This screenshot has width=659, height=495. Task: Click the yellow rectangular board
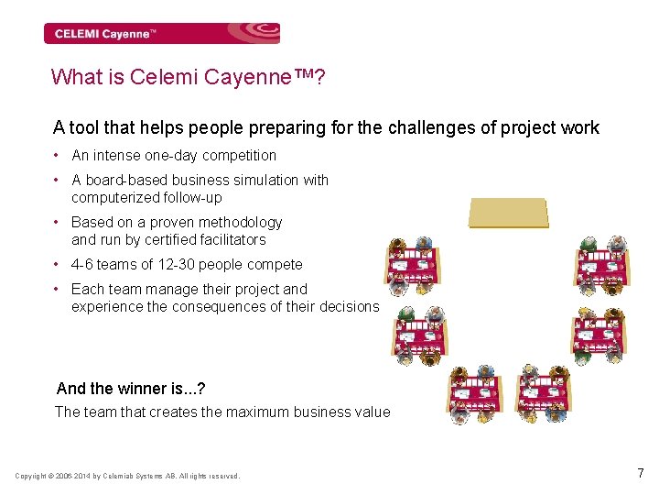pyautogui.click(x=508, y=212)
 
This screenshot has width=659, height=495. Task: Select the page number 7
pyautogui.click(x=641, y=473)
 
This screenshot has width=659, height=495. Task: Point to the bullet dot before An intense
pyautogui.click(x=58, y=156)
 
